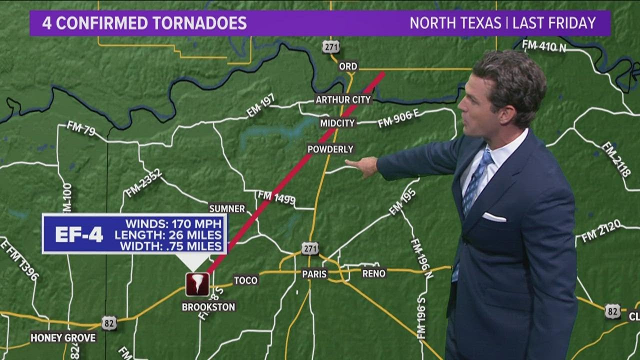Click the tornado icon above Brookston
pyautogui.click(x=197, y=284)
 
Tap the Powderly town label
pyautogui.click(x=330, y=149)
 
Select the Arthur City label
pyautogui.click(x=343, y=99)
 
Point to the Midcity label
pyautogui.click(x=337, y=122)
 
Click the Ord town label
pyautogui.click(x=348, y=66)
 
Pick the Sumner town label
pyautogui.click(x=227, y=208)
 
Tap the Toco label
pyautogui.click(x=245, y=280)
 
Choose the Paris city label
pyautogui.click(x=314, y=273)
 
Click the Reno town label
pyautogui.click(x=374, y=273)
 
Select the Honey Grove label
pyautogui.click(x=63, y=337)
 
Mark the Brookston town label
pyautogui.click(x=208, y=307)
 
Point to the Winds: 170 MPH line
pyautogui.click(x=173, y=223)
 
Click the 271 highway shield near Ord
pyautogui.click(x=330, y=47)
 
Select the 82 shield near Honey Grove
pyautogui.click(x=109, y=322)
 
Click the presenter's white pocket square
pyautogui.click(x=493, y=217)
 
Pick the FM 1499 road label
pyautogui.click(x=276, y=198)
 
